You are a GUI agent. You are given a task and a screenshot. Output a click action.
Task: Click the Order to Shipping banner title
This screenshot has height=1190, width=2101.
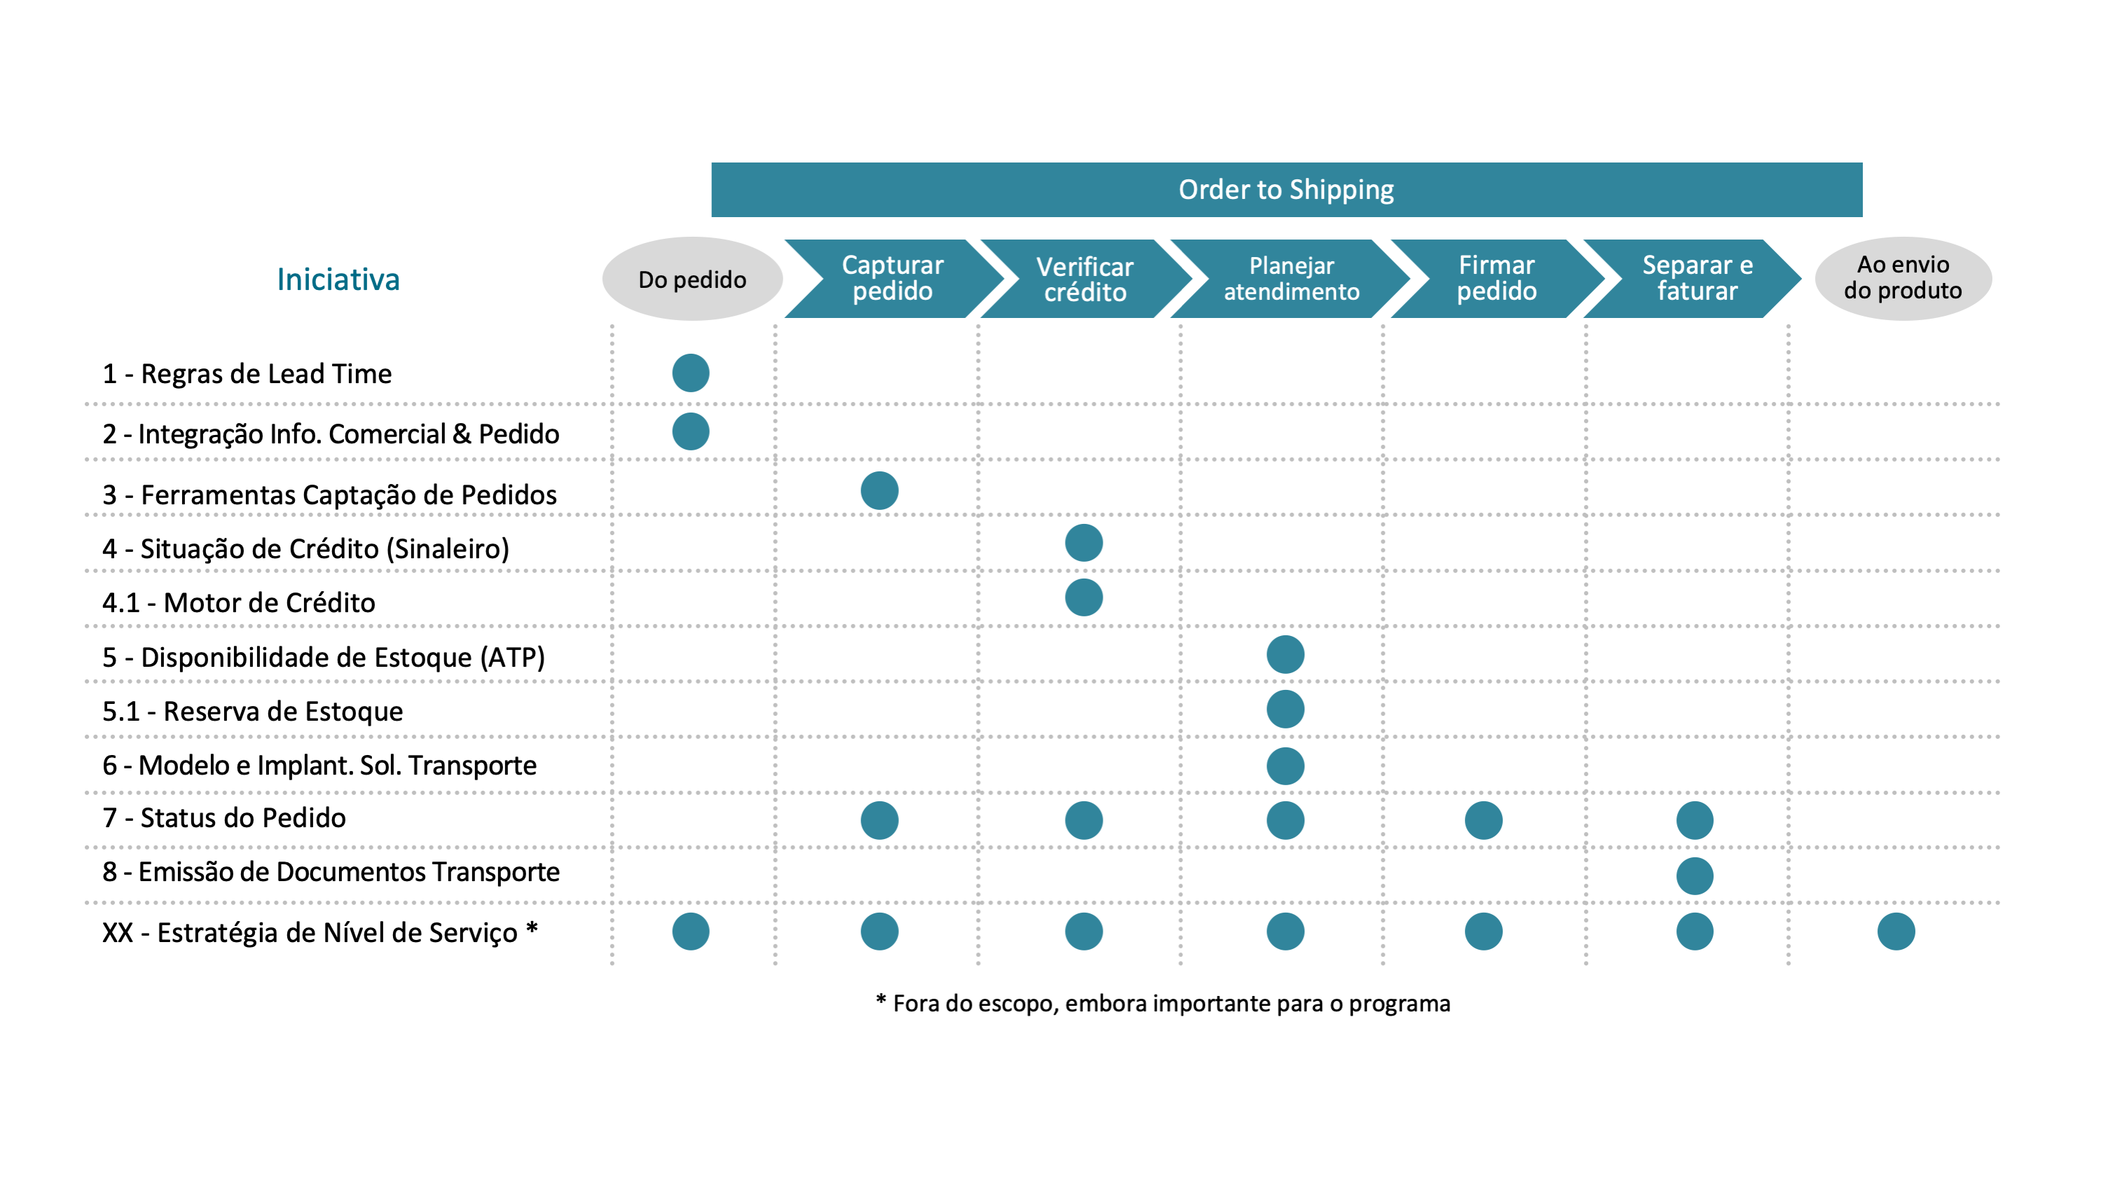click(x=1286, y=190)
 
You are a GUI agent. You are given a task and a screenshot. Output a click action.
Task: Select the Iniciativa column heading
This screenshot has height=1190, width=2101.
click(x=338, y=279)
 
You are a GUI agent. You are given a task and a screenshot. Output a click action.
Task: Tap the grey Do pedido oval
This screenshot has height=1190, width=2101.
click(x=691, y=279)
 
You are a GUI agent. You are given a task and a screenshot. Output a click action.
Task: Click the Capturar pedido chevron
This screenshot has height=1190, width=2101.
click(x=893, y=279)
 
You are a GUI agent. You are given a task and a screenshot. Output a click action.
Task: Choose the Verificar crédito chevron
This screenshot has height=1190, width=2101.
click(x=1086, y=279)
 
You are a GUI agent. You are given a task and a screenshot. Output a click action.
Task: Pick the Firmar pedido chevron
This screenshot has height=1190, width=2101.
click(x=1497, y=279)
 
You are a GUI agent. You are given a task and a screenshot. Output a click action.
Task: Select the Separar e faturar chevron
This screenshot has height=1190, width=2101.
click(x=1693, y=279)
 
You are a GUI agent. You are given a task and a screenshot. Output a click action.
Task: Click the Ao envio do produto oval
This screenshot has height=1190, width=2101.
click(x=1903, y=279)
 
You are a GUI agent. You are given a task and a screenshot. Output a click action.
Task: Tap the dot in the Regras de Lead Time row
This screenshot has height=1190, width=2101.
click(x=691, y=373)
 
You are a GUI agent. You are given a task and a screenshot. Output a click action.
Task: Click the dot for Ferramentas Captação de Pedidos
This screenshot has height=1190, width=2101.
click(x=880, y=490)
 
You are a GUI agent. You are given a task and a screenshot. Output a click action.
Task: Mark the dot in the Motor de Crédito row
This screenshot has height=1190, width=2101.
click(x=1084, y=597)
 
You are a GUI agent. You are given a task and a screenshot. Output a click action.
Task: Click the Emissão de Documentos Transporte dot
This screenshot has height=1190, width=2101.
click(x=1695, y=876)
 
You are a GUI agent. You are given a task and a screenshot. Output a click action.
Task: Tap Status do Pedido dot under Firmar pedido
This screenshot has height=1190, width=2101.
click(x=1484, y=821)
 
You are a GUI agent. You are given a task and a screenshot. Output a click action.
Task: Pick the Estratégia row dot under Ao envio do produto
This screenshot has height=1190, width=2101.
click(x=1896, y=932)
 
